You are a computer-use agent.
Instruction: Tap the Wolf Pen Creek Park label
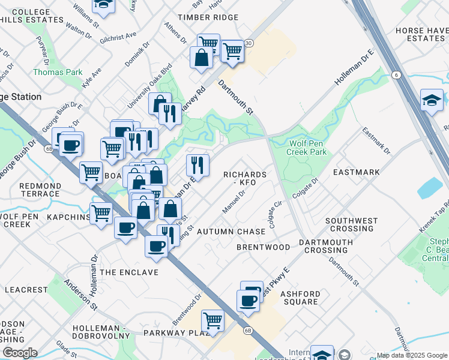tap(309, 148)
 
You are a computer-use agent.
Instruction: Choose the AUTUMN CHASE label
tap(231, 232)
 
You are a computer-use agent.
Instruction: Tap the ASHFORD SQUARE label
tap(300, 298)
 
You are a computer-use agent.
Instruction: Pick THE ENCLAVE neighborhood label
tap(129, 272)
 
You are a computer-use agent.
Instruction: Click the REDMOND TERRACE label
tap(40, 190)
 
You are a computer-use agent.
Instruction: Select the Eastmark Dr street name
tap(376, 141)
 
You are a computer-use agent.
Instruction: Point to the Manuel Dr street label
tap(234, 202)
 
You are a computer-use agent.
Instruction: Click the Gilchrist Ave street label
tap(119, 37)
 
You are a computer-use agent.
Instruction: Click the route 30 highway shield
tap(249, 43)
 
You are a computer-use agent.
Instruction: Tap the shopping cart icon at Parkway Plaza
tap(212, 320)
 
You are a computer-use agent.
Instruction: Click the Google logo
tap(20, 353)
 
